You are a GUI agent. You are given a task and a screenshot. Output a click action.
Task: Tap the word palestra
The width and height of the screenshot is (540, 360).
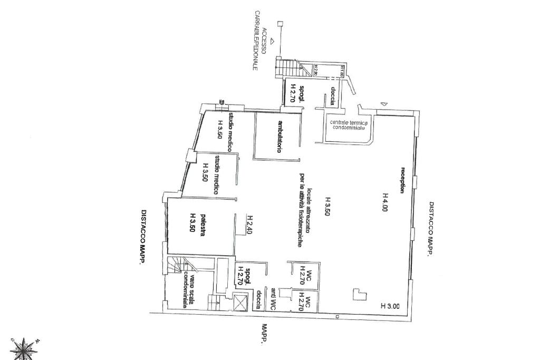201,226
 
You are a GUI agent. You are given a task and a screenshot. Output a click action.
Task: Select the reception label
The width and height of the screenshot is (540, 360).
402,180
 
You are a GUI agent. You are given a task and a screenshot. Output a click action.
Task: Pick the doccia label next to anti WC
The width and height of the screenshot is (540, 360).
259,299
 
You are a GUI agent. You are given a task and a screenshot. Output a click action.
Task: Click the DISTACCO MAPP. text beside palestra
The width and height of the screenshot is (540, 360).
143,236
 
